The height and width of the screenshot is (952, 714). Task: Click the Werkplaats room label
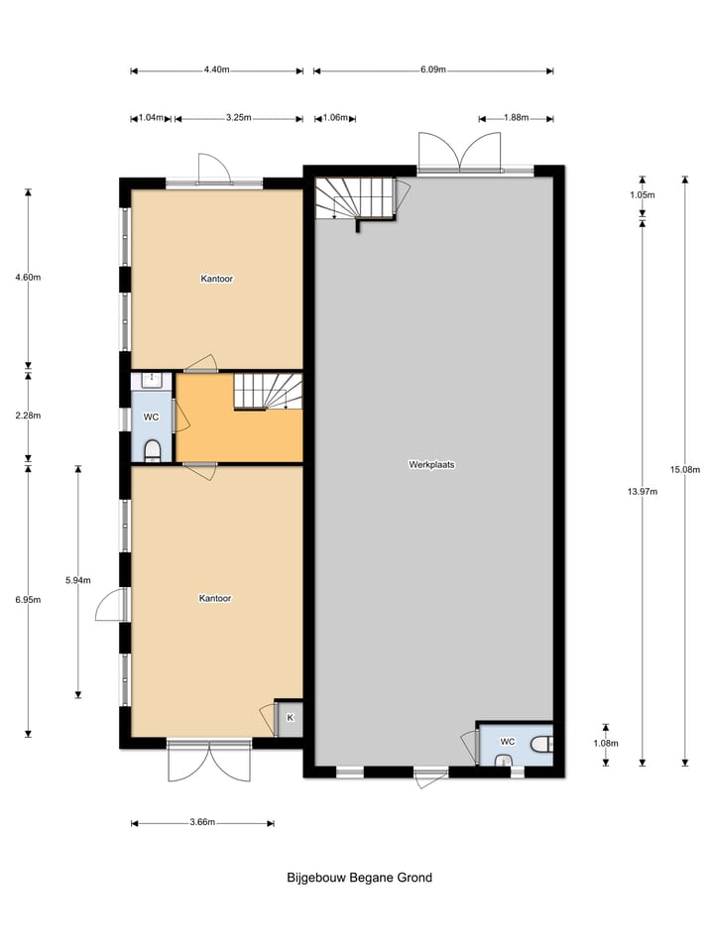pos(432,464)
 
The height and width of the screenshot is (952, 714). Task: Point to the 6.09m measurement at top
pos(433,70)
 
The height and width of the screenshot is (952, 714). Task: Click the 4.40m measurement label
pos(216,70)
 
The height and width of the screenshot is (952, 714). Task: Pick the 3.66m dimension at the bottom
pos(201,822)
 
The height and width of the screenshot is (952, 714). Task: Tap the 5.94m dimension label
pos(77,580)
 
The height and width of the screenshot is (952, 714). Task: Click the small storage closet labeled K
pos(290,717)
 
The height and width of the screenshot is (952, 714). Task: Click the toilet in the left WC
pos(152,451)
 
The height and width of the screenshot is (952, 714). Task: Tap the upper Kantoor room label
pos(216,280)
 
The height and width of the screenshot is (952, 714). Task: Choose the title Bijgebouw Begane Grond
pos(359,878)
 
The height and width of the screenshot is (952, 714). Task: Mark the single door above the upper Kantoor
pos(213,169)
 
